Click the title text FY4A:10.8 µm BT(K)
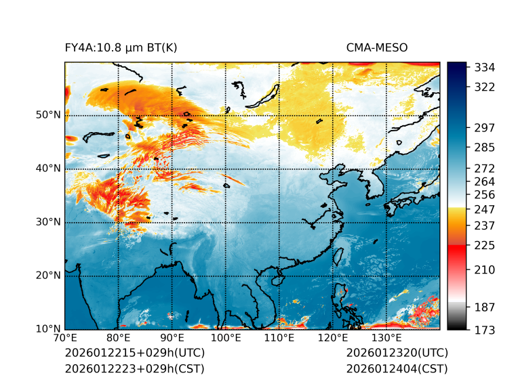[x=121, y=47]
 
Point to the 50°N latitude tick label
[x=48, y=115]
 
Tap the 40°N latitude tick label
[x=48, y=169]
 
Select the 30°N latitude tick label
[x=48, y=222]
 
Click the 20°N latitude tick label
[x=48, y=276]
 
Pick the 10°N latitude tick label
[x=48, y=329]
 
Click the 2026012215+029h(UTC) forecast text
[x=134, y=353]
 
